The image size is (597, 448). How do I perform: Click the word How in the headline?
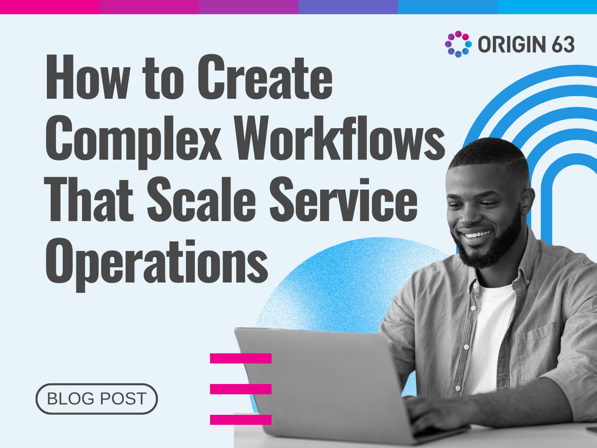point(87,78)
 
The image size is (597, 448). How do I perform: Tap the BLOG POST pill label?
point(97,399)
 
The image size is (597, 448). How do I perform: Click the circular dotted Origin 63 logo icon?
point(458,44)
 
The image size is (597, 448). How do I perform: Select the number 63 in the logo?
point(563,44)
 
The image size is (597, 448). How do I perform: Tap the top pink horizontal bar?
point(240,358)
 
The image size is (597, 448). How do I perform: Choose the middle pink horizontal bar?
point(240,389)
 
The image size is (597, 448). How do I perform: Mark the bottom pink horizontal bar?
point(240,419)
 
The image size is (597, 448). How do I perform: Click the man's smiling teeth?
point(478,234)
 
